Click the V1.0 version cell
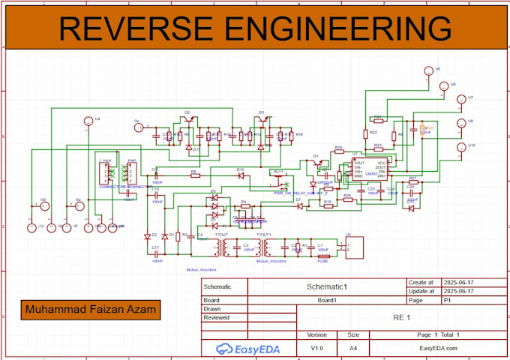[x=317, y=348]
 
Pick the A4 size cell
[x=353, y=348]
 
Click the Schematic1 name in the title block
[x=328, y=286]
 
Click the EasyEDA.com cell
[x=437, y=348]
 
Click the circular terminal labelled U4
[x=87, y=121]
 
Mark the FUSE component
[x=323, y=255]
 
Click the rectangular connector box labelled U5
[x=350, y=247]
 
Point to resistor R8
[x=193, y=176]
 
